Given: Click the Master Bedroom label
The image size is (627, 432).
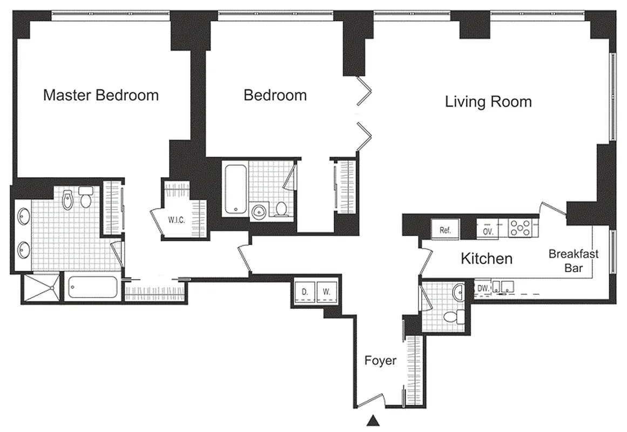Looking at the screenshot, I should coord(101,96).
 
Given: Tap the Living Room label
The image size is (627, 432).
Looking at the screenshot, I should coord(488,102).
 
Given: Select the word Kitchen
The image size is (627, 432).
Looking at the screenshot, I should coord(486,259).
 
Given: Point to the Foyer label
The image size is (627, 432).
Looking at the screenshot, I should coord(380,360).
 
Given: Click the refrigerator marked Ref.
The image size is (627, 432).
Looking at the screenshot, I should coord(444,230).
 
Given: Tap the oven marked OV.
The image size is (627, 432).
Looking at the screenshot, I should coord(488,231).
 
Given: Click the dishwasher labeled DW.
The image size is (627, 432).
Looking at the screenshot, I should coord(483,289).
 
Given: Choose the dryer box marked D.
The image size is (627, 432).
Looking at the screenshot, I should coord(305,292).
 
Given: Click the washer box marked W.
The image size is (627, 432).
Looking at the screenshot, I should coord(326,292).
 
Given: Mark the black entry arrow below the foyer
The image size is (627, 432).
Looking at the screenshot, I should coord(372,420).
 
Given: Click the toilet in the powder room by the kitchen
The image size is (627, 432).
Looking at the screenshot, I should coord(449,316).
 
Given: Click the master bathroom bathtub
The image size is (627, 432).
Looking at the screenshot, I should coord(92,288).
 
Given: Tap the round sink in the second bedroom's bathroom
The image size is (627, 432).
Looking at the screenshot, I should coord(259,211).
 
